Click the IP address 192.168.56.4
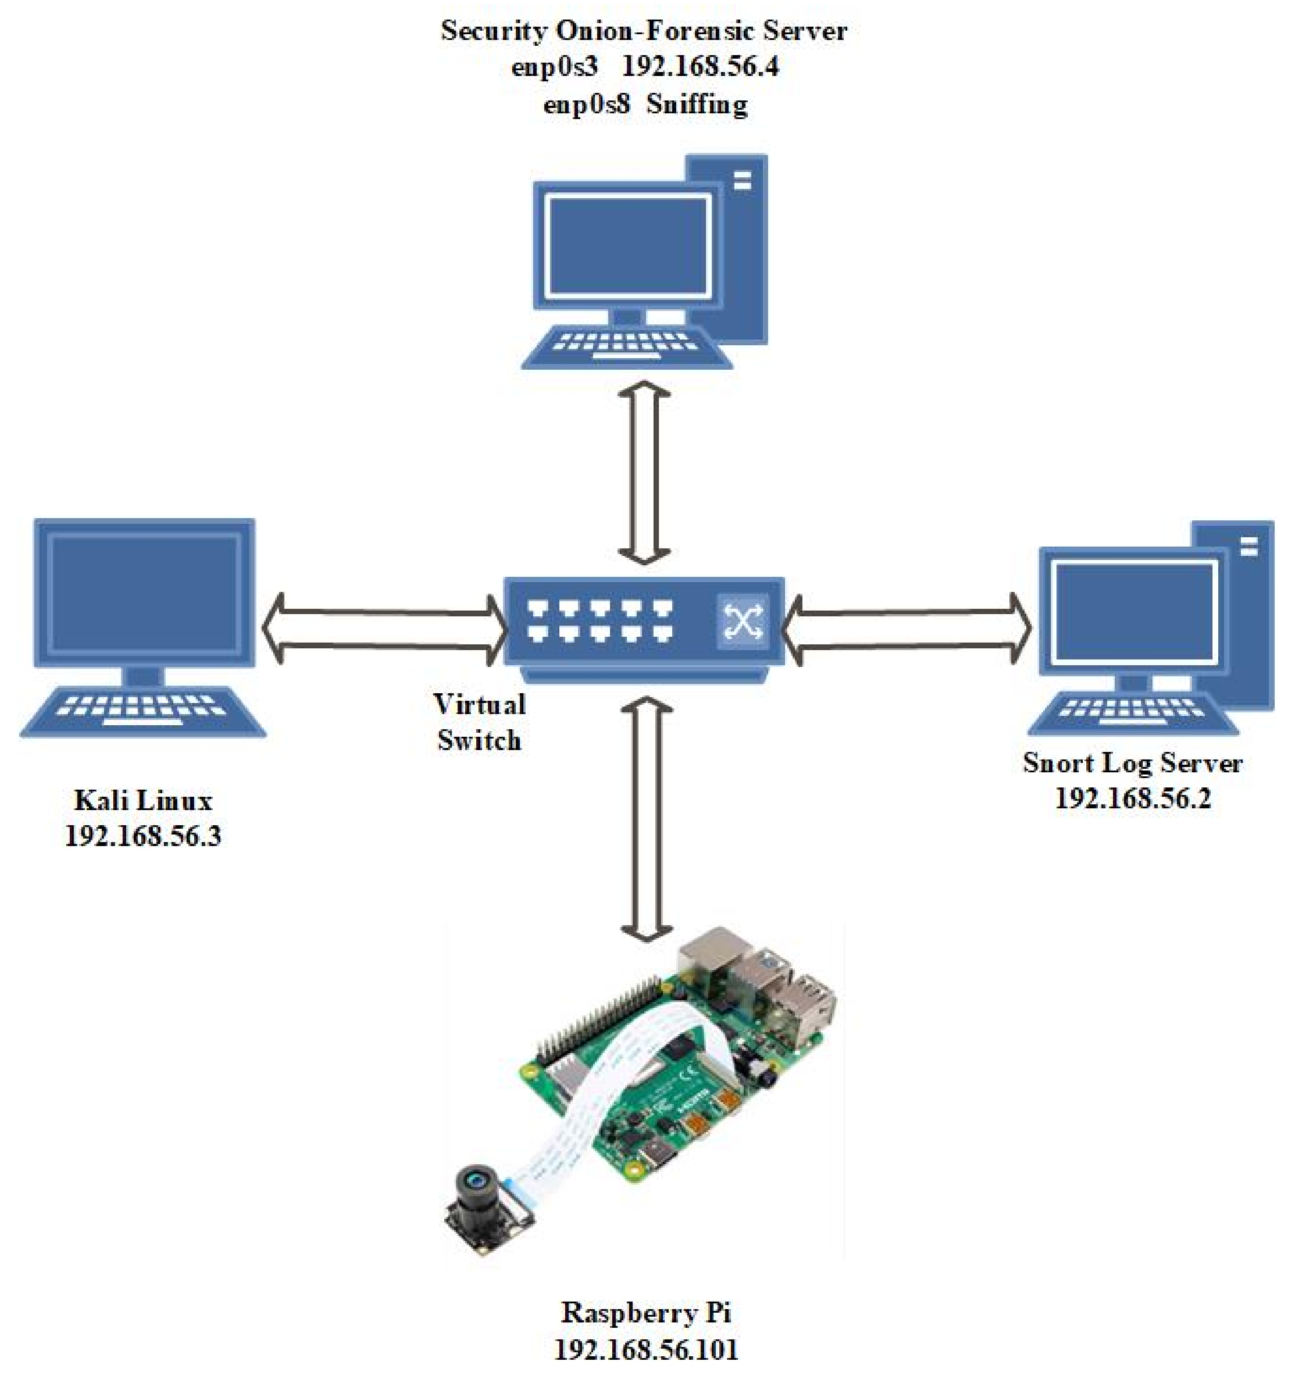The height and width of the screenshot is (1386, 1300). (699, 67)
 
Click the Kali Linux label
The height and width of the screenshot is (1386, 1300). (143, 800)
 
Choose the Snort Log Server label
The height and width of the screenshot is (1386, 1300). (1132, 763)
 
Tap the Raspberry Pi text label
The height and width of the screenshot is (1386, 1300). (646, 1313)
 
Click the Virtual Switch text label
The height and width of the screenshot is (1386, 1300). (479, 722)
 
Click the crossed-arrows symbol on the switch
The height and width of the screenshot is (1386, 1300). (743, 620)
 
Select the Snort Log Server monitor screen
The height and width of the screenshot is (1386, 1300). (1134, 612)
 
